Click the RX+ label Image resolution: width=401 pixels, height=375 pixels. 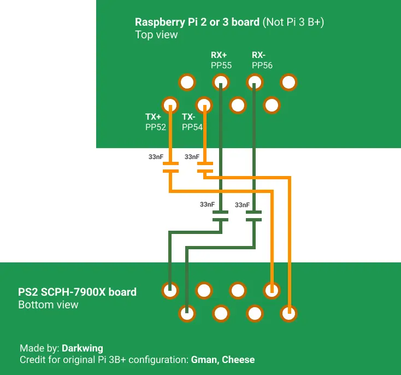pyautogui.click(x=219, y=55)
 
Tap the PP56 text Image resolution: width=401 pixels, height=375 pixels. pyautogui.click(x=262, y=66)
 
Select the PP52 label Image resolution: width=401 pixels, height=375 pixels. pyautogui.click(x=156, y=127)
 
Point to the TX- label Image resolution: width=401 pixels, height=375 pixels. pyautogui.click(x=188, y=117)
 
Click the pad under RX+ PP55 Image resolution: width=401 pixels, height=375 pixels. pyautogui.click(x=221, y=82)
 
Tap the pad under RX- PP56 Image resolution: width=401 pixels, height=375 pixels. pyautogui.click(x=255, y=82)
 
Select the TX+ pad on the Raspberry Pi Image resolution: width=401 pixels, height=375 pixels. pyautogui.click(x=170, y=105)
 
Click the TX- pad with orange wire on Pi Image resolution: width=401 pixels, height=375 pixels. pyautogui.click(x=204, y=105)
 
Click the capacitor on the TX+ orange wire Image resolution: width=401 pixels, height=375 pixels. pyautogui.click(x=170, y=167)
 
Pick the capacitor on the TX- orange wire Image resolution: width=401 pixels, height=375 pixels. pyautogui.click(x=205, y=167)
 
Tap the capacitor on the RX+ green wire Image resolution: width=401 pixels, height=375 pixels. pyautogui.click(x=221, y=216)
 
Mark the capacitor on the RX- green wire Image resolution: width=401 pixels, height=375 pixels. pyautogui.click(x=253, y=216)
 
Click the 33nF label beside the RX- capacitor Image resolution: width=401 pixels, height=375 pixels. pyautogui.click(x=242, y=205)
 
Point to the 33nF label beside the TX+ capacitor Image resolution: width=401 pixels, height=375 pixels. pyautogui.click(x=156, y=157)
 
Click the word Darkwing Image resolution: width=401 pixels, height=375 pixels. pyautogui.click(x=82, y=348)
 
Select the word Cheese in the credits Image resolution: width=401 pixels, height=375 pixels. pyautogui.click(x=238, y=360)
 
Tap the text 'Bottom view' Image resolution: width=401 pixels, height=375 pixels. pyautogui.click(x=48, y=304)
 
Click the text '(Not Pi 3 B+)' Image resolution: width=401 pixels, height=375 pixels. pyautogui.click(x=293, y=22)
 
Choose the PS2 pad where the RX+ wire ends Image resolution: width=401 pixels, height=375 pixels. pyautogui.click(x=170, y=290)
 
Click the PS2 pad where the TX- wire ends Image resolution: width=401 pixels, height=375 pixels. pyautogui.click(x=288, y=313)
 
